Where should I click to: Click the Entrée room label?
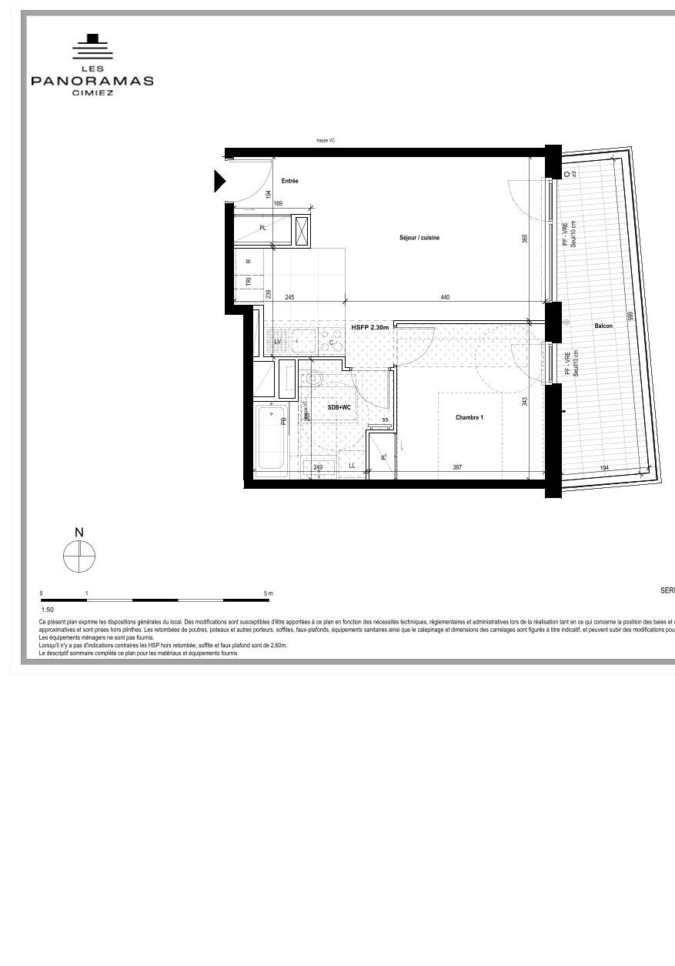click(x=289, y=181)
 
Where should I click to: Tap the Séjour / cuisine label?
click(x=419, y=238)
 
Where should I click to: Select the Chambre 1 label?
click(x=469, y=418)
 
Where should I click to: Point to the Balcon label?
click(x=603, y=326)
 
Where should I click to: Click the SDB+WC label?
click(x=339, y=407)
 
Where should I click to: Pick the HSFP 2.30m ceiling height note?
click(x=371, y=327)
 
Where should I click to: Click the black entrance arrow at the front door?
click(x=219, y=182)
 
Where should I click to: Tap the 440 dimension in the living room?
click(x=445, y=297)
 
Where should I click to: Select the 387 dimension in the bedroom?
click(x=457, y=467)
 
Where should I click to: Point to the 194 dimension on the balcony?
click(x=604, y=468)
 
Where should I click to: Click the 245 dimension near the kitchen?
click(x=289, y=297)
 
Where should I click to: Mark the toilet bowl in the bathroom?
click(x=313, y=379)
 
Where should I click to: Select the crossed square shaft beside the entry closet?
click(x=302, y=231)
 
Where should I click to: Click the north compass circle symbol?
click(x=79, y=557)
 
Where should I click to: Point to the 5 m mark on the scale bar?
click(x=269, y=593)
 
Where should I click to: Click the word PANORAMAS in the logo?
click(x=92, y=81)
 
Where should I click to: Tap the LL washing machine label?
click(x=353, y=466)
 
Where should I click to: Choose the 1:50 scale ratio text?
click(x=48, y=609)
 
